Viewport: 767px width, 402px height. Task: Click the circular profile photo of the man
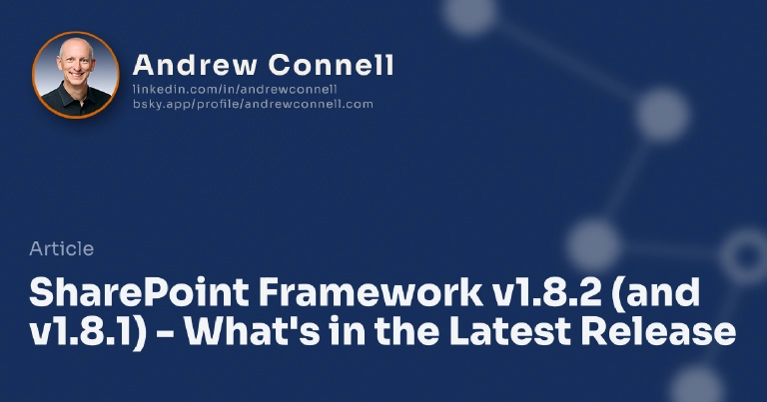pyautogui.click(x=76, y=75)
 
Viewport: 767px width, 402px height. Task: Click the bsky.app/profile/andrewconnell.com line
pyautogui.click(x=253, y=103)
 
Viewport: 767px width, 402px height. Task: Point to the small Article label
pyautogui.click(x=62, y=249)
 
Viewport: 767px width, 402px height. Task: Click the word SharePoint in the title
pyautogui.click(x=139, y=293)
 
